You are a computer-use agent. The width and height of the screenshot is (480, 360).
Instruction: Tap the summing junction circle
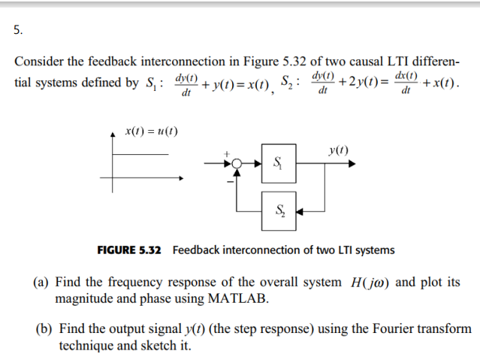tap(237, 162)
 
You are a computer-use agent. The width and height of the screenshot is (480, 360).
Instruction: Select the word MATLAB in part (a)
tap(239, 298)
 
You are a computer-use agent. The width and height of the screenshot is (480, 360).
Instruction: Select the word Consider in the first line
tap(39, 61)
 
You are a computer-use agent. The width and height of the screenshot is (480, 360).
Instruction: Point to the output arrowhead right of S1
tap(351, 162)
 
